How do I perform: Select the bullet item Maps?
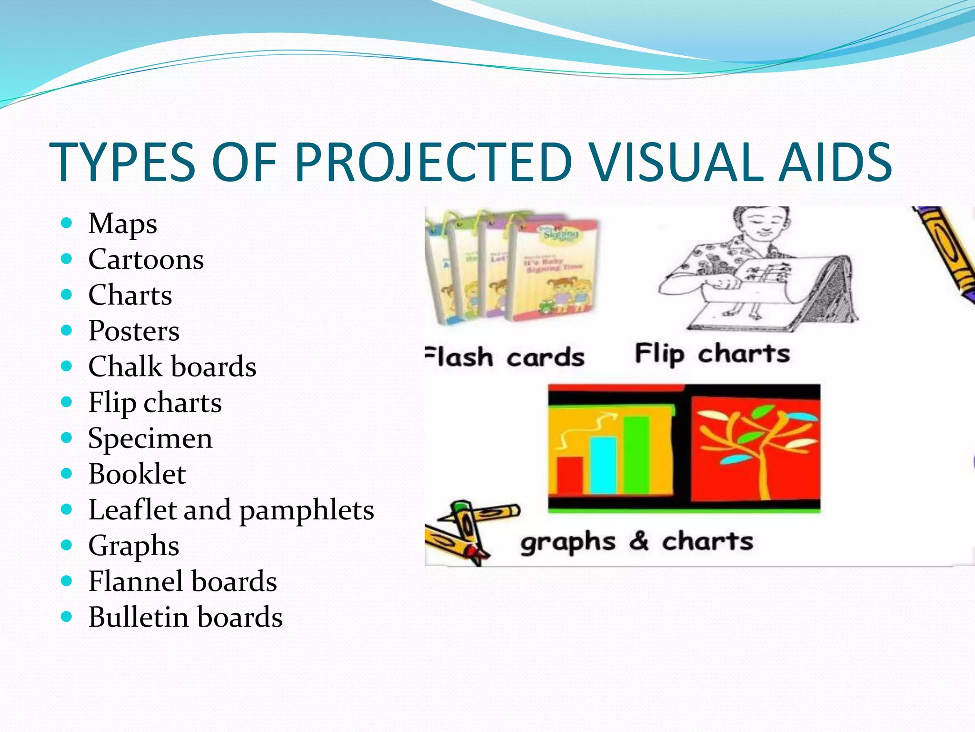click(x=122, y=224)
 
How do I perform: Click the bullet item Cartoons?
click(x=146, y=260)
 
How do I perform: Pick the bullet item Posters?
click(x=134, y=331)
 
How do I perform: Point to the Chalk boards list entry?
click(x=172, y=367)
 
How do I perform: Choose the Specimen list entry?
click(x=150, y=438)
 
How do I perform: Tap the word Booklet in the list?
click(x=137, y=474)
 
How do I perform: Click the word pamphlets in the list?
click(x=307, y=511)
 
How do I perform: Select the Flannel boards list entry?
click(x=182, y=581)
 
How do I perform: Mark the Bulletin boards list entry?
click(x=185, y=617)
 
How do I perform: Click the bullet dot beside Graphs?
click(x=67, y=545)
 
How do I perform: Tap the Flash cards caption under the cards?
click(x=505, y=357)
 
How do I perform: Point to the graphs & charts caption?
click(x=637, y=542)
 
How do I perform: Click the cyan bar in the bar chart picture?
click(x=603, y=465)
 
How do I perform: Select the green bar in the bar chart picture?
click(x=637, y=455)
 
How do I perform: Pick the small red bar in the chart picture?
click(x=570, y=475)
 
